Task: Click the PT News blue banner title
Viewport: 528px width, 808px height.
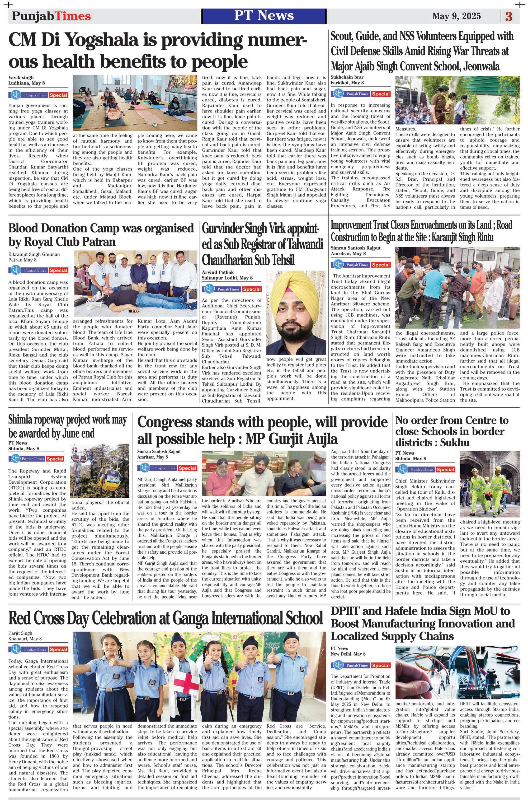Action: (264, 16)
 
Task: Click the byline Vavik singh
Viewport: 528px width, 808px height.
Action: (21, 77)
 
